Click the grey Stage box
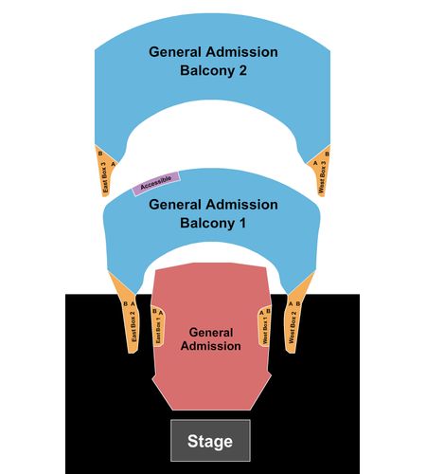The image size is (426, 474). [x=210, y=441]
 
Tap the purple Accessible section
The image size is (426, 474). [x=156, y=183]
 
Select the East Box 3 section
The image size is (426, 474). [x=105, y=173]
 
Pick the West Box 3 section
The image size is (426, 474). [x=321, y=173]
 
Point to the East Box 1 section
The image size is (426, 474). [x=158, y=327]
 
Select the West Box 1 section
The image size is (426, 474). [x=264, y=327]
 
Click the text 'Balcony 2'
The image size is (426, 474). [x=213, y=70]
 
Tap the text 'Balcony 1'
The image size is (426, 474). [x=213, y=223]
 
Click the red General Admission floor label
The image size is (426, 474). [x=211, y=339]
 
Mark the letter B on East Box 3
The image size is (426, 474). [x=100, y=154]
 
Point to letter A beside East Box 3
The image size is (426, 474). [x=113, y=164]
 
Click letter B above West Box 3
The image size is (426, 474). [x=327, y=154]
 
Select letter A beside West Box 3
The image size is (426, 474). [x=315, y=163]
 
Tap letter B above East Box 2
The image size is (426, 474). [x=125, y=303]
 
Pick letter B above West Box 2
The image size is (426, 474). [x=298, y=303]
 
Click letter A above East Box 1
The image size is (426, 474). [x=161, y=313]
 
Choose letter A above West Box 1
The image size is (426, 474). [x=261, y=313]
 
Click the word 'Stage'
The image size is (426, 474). [x=210, y=442]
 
